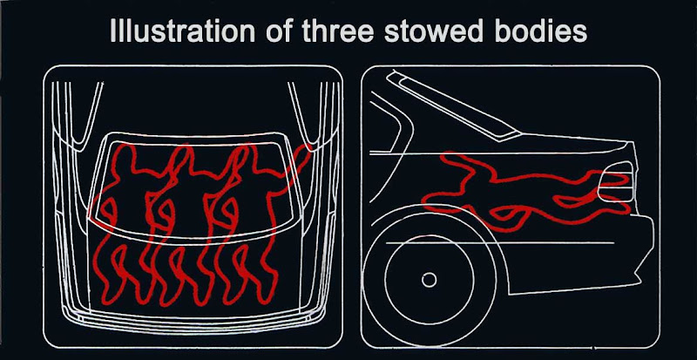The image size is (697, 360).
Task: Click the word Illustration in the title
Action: (x=182, y=31)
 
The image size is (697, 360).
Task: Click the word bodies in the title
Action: (x=544, y=31)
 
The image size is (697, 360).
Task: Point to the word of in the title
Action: (x=279, y=31)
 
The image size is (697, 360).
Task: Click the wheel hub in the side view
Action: (x=429, y=280)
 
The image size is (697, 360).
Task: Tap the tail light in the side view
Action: (x=616, y=182)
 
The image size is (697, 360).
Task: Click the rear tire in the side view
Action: (x=429, y=281)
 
